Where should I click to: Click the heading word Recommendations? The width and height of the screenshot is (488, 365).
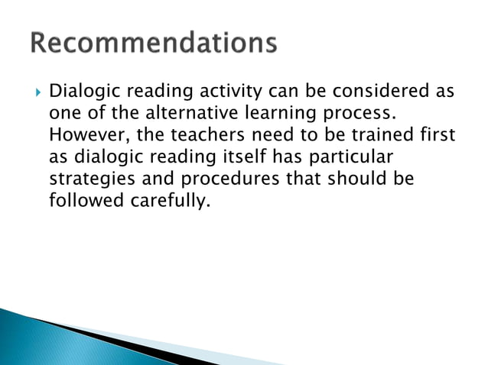click(x=154, y=44)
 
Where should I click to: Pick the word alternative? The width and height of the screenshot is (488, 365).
click(x=194, y=114)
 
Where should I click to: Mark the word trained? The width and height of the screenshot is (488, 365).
click(x=376, y=135)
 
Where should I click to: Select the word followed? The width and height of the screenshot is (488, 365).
click(x=83, y=202)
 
